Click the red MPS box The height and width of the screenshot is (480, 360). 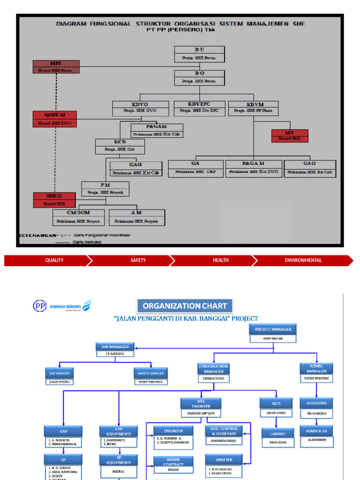pos(56,67)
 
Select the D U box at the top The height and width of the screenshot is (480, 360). pos(199,53)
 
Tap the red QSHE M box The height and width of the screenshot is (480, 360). pos(55,119)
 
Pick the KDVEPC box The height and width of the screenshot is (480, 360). pos(199,108)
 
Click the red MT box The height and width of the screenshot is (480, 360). pos(290,135)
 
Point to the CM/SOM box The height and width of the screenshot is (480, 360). pos(78,217)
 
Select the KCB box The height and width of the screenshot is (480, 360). pos(120,146)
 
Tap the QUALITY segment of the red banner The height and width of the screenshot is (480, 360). pos(54,260)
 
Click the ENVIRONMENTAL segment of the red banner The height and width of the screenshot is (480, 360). pos(303,260)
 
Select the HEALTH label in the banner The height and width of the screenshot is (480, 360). pos(220,260)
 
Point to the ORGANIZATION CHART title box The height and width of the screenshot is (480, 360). pos(185,306)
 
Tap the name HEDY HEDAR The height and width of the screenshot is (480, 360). pos(273,337)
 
